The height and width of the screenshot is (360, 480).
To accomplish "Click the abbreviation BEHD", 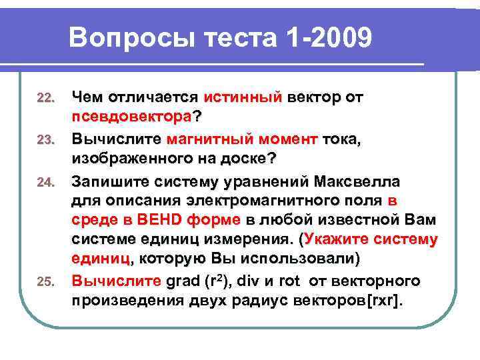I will coord(155,219).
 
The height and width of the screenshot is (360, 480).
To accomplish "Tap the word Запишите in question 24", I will coord(111,181).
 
